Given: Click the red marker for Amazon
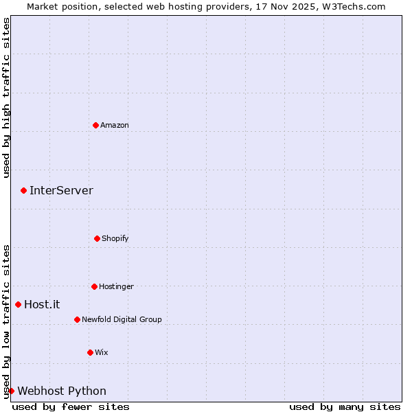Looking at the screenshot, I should click(x=96, y=125).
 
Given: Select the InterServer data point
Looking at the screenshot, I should click(x=23, y=190).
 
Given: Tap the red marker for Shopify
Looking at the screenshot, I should click(x=97, y=238).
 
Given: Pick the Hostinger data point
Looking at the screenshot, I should click(x=94, y=286).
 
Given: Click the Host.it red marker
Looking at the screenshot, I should click(x=19, y=304).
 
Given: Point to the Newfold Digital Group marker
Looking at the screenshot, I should click(x=77, y=319).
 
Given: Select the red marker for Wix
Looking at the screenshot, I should click(x=90, y=352).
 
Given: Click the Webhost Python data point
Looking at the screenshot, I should click(x=11, y=391).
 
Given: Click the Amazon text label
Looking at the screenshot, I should click(x=115, y=125).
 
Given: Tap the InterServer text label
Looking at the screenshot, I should click(x=61, y=190).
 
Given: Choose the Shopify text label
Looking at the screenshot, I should click(x=115, y=238).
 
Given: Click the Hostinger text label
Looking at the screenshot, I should click(x=116, y=286).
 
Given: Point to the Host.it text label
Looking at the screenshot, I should click(x=42, y=304).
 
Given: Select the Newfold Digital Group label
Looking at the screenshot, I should click(x=122, y=319).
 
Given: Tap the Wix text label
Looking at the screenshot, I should click(x=102, y=352).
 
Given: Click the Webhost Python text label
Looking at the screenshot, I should click(x=62, y=391).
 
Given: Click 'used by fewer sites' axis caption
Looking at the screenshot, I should click(x=71, y=407).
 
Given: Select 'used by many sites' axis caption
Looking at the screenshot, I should click(x=345, y=407).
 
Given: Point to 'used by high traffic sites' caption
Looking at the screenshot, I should click(x=6, y=98).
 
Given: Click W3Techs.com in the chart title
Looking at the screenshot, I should click(x=354, y=6).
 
